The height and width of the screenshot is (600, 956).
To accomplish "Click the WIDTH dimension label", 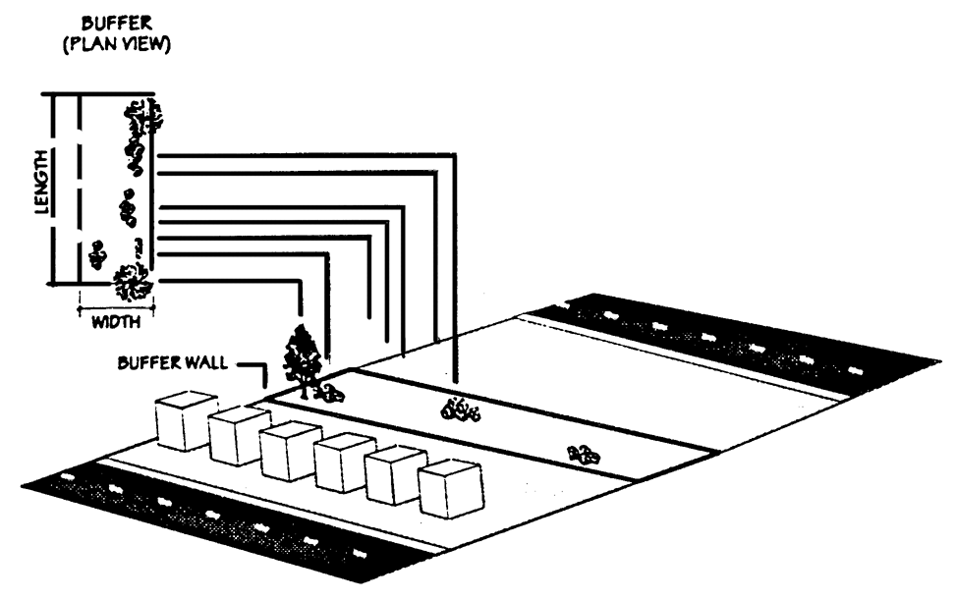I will tap(116, 321).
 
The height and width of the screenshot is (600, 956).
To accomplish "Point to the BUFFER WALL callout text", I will tap(172, 362).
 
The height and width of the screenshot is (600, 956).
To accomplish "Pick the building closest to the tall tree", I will tap(187, 419).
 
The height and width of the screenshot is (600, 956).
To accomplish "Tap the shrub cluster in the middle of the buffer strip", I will tap(460, 409).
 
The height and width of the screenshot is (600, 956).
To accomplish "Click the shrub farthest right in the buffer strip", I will tap(584, 454).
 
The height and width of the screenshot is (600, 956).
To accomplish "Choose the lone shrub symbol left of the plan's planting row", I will tap(96, 253).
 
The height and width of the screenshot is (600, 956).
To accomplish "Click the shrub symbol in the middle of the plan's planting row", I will tap(127, 209).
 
